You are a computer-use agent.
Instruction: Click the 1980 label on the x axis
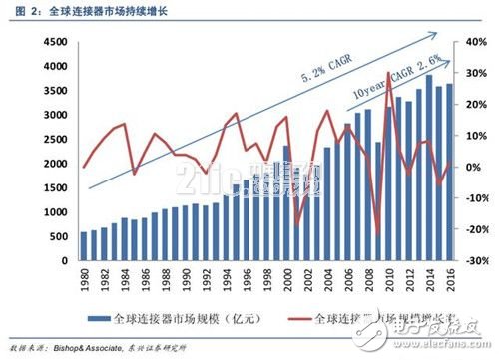point(85,280)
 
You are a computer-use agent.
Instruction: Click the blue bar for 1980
point(84,247)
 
